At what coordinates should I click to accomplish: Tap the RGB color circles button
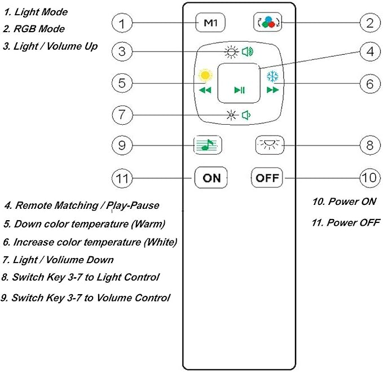268,22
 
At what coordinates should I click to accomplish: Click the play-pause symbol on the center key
239,90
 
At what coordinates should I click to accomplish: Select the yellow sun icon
205,75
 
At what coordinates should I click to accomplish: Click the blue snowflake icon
272,76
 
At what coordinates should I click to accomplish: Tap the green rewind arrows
205,90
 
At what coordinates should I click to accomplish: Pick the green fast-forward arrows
272,90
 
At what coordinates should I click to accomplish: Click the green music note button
208,145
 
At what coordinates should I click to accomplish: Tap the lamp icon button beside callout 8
270,145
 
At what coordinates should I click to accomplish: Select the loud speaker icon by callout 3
248,51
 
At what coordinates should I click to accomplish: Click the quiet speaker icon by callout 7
246,115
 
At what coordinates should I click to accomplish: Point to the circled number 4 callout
370,51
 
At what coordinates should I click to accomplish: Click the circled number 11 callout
122,178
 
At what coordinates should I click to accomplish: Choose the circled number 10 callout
370,178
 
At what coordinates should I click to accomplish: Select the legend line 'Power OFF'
346,222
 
